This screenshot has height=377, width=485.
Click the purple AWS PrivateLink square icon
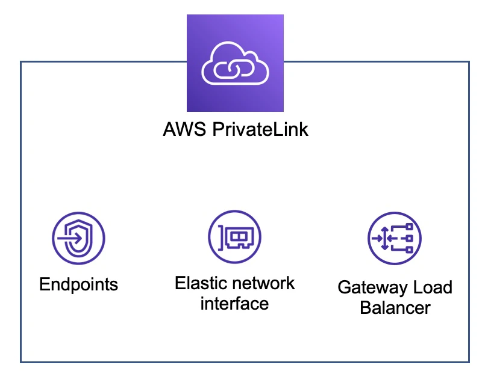tap(236, 63)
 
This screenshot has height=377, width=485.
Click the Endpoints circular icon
tap(78, 238)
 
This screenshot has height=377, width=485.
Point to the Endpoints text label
tap(78, 284)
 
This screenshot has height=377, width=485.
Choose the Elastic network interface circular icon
tap(235, 237)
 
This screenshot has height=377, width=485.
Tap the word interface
tap(234, 303)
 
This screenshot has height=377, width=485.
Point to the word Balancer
tap(395, 308)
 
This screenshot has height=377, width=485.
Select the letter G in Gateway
tap(345, 287)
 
